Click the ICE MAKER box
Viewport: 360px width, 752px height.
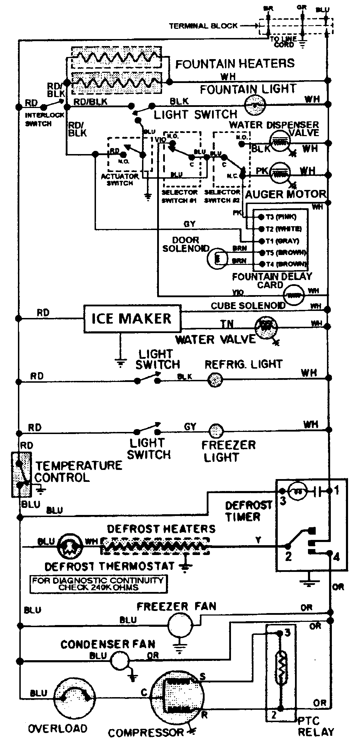[x=132, y=319]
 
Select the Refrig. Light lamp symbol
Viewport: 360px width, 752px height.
[x=215, y=380]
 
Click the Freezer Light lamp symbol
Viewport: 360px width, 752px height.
[x=216, y=431]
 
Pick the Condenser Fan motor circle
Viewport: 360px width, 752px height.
[x=120, y=660]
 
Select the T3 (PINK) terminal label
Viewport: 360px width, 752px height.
[x=281, y=217]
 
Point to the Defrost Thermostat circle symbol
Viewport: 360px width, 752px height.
[x=70, y=547]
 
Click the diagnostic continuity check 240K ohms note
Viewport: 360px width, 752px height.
[x=98, y=584]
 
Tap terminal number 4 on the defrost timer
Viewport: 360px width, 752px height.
[x=336, y=557]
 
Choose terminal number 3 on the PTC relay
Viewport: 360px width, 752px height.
[x=287, y=633]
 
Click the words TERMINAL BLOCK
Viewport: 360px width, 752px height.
[x=203, y=26]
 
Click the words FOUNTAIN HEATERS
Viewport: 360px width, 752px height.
[x=235, y=64]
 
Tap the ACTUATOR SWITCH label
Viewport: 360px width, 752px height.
[x=120, y=180]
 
